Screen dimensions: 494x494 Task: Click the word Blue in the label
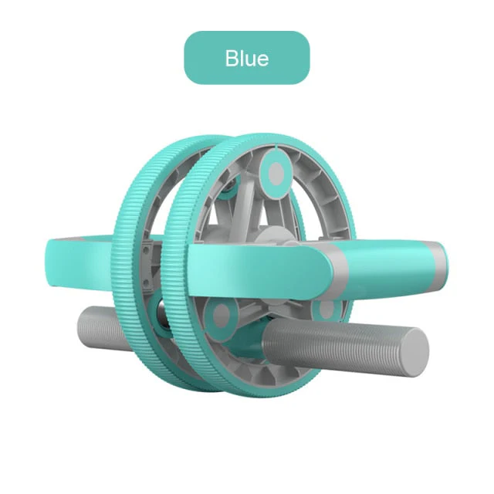pyautogui.click(x=246, y=58)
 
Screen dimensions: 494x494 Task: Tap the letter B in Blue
pyautogui.click(x=232, y=58)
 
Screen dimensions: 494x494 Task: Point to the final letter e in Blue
pyautogui.click(x=262, y=59)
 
